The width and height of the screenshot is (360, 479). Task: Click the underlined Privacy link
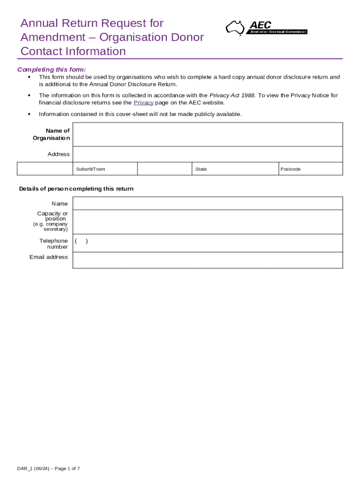(143, 102)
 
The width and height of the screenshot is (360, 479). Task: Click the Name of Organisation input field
(208, 135)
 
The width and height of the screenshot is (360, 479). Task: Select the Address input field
(208, 154)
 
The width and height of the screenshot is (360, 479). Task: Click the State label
(201, 169)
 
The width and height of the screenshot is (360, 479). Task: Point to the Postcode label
(290, 169)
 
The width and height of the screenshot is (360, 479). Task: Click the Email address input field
(208, 260)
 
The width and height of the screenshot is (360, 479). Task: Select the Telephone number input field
(208, 243)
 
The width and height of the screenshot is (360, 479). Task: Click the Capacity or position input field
(208, 222)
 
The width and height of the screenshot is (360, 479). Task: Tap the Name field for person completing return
(208, 203)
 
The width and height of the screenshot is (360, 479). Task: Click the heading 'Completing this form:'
(51, 70)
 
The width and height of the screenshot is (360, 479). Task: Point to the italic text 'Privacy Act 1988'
(232, 95)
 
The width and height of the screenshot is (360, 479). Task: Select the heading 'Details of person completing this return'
(76, 189)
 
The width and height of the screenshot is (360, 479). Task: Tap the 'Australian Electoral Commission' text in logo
(277, 32)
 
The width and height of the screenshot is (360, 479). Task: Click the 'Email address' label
(49, 257)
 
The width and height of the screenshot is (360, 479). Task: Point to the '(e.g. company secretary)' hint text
(50, 227)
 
